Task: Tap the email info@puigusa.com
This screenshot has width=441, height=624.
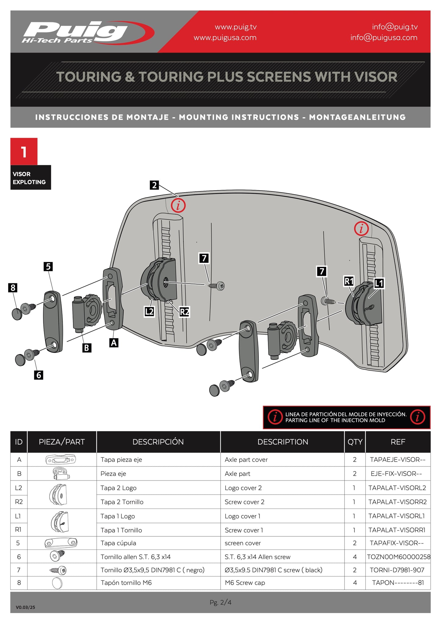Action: point(384,38)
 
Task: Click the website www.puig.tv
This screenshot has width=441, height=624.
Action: point(236,27)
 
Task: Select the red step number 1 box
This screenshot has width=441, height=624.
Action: point(24,152)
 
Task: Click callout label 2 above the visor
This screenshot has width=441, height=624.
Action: point(154,185)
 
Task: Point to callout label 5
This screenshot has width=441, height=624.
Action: point(48,267)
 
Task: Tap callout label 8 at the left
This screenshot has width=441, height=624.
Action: point(13,288)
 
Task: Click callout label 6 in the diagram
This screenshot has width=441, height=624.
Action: point(38,375)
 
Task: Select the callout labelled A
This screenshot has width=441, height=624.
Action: point(114,343)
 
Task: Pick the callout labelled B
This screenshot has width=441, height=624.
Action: point(87,348)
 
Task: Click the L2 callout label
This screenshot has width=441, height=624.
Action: point(149,312)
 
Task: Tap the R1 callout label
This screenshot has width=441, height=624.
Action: point(349,281)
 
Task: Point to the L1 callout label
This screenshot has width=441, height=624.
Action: point(379,283)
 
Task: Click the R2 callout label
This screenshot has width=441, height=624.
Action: point(184,312)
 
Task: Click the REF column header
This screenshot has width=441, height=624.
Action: point(398,442)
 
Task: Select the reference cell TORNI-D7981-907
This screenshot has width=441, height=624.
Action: point(397,570)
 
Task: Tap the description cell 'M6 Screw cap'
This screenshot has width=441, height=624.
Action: point(245,583)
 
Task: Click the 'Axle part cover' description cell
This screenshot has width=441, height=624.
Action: point(246,460)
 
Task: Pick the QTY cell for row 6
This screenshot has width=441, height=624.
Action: point(355,557)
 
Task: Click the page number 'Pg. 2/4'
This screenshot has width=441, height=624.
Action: point(220,602)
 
